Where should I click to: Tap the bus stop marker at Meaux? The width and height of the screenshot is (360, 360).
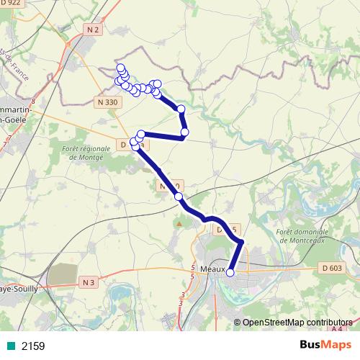[230, 272]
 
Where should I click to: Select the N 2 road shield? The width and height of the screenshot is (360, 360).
[92, 30]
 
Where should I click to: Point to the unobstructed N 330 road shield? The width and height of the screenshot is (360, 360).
[107, 103]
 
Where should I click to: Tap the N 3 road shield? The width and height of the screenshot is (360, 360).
[88, 282]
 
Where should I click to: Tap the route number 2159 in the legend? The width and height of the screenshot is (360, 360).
[33, 346]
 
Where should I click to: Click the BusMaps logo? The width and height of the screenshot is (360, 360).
[325, 346]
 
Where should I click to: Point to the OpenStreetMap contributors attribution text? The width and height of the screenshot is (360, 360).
[297, 322]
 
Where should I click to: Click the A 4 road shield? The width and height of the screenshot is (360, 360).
[337, 329]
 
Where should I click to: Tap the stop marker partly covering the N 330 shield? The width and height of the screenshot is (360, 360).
[178, 196]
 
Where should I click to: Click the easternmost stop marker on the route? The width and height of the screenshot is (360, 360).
[185, 132]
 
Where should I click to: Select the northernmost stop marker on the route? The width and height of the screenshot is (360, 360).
[120, 67]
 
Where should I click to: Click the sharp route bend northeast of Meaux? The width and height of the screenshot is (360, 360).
[242, 243]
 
